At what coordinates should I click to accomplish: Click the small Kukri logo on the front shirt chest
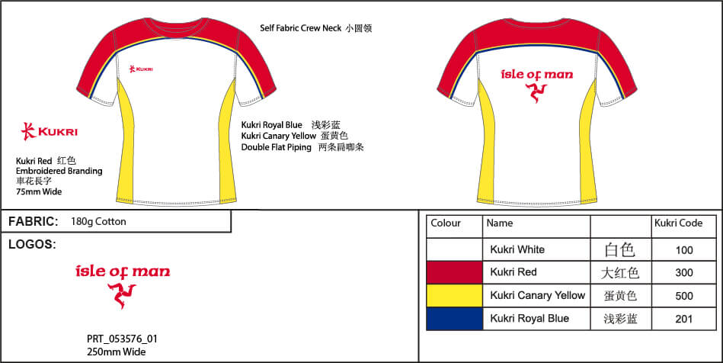click(x=141, y=69)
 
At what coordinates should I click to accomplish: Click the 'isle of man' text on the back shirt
click(x=536, y=75)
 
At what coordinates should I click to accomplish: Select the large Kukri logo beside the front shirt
click(x=49, y=131)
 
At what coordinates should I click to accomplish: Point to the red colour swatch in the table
click(x=454, y=272)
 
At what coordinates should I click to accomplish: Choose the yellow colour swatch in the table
click(x=454, y=296)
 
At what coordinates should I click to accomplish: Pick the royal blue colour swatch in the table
click(x=454, y=319)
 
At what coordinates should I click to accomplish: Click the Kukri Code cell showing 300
click(x=684, y=272)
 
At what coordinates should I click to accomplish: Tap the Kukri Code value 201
click(x=684, y=319)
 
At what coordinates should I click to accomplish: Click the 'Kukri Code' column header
click(x=678, y=223)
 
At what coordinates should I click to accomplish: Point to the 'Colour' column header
click(x=446, y=223)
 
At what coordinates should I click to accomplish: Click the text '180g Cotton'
click(x=98, y=221)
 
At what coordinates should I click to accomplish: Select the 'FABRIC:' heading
click(x=34, y=221)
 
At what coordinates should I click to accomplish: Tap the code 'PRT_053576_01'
click(x=122, y=339)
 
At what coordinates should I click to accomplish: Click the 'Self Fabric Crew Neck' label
click(x=301, y=28)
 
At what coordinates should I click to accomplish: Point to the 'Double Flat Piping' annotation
click(x=277, y=147)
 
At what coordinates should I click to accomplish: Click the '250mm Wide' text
click(x=117, y=352)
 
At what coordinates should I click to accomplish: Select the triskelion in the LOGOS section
click(x=122, y=296)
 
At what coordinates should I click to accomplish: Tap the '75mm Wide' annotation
click(x=39, y=191)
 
